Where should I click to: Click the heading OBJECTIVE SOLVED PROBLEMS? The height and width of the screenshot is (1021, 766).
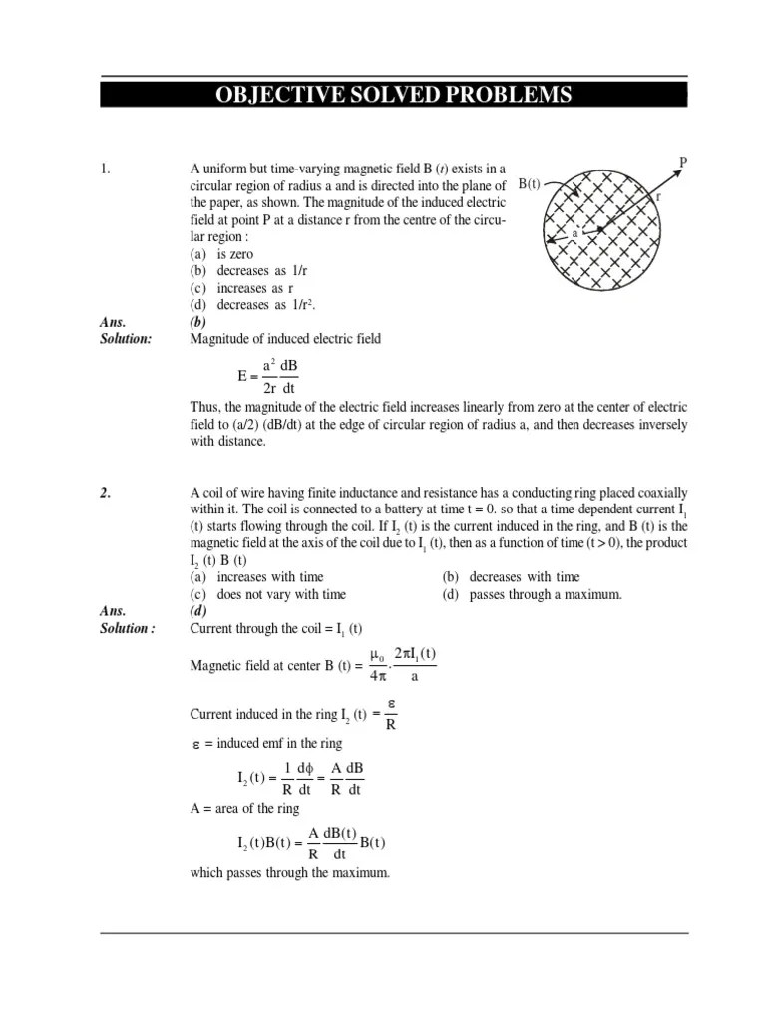coord(394,96)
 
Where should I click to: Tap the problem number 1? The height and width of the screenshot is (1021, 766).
coord(105,169)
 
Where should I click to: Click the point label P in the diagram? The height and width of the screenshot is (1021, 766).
coord(683,161)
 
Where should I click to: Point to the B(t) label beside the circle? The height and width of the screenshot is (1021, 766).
coord(530,185)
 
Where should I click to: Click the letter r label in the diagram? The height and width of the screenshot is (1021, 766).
coord(659,197)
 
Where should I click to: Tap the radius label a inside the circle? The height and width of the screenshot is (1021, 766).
coord(575,233)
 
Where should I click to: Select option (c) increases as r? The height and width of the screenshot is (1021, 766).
coord(234,288)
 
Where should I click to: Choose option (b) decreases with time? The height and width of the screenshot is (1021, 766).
coord(510,577)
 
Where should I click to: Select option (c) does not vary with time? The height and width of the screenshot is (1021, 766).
coord(267,594)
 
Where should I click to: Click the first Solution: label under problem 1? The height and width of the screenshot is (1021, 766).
coord(126,339)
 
